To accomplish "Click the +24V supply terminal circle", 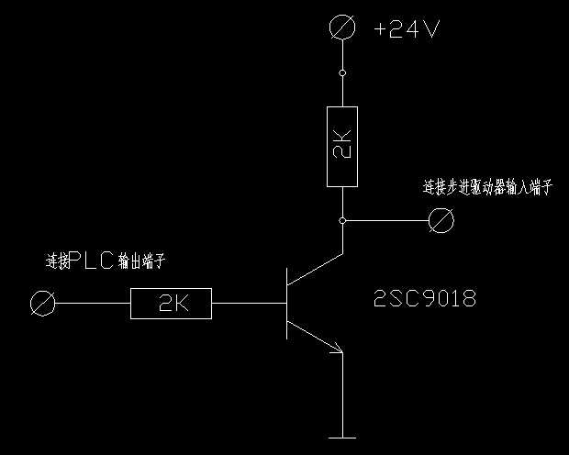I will (x=342, y=28).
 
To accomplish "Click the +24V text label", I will (x=407, y=29).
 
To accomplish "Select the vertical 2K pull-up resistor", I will (x=341, y=147).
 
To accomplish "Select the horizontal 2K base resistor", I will (x=171, y=304).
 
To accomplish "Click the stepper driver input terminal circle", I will (x=443, y=220).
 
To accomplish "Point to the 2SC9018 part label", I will (x=426, y=299).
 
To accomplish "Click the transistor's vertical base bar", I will (x=287, y=303).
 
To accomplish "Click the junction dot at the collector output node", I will (x=342, y=221).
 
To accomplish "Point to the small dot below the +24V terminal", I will (x=342, y=72).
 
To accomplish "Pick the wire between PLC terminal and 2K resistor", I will (x=92, y=303).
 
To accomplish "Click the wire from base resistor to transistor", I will (x=248, y=303).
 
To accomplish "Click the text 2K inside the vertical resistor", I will (x=341, y=147).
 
